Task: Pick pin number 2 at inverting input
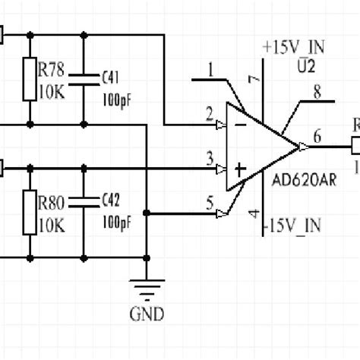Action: [208, 113]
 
